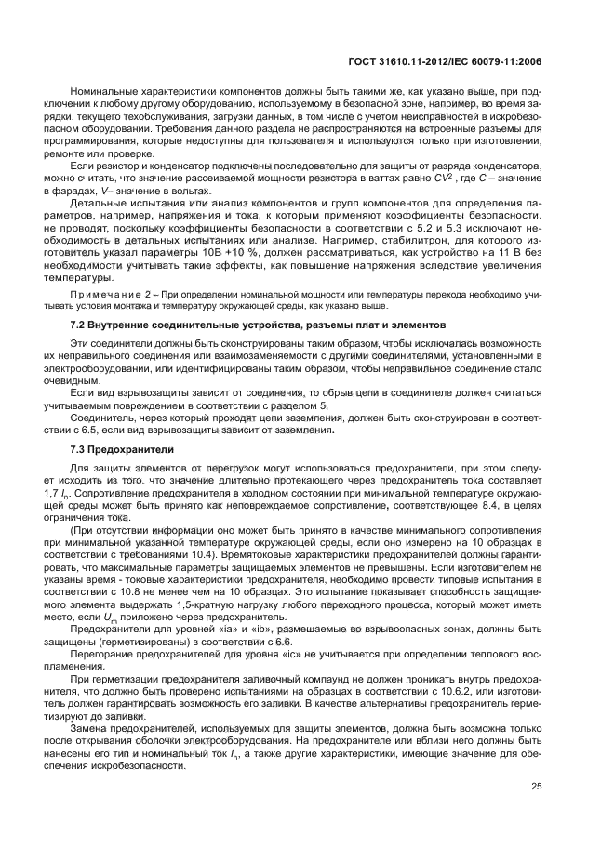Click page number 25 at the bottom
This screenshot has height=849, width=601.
(x=536, y=787)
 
